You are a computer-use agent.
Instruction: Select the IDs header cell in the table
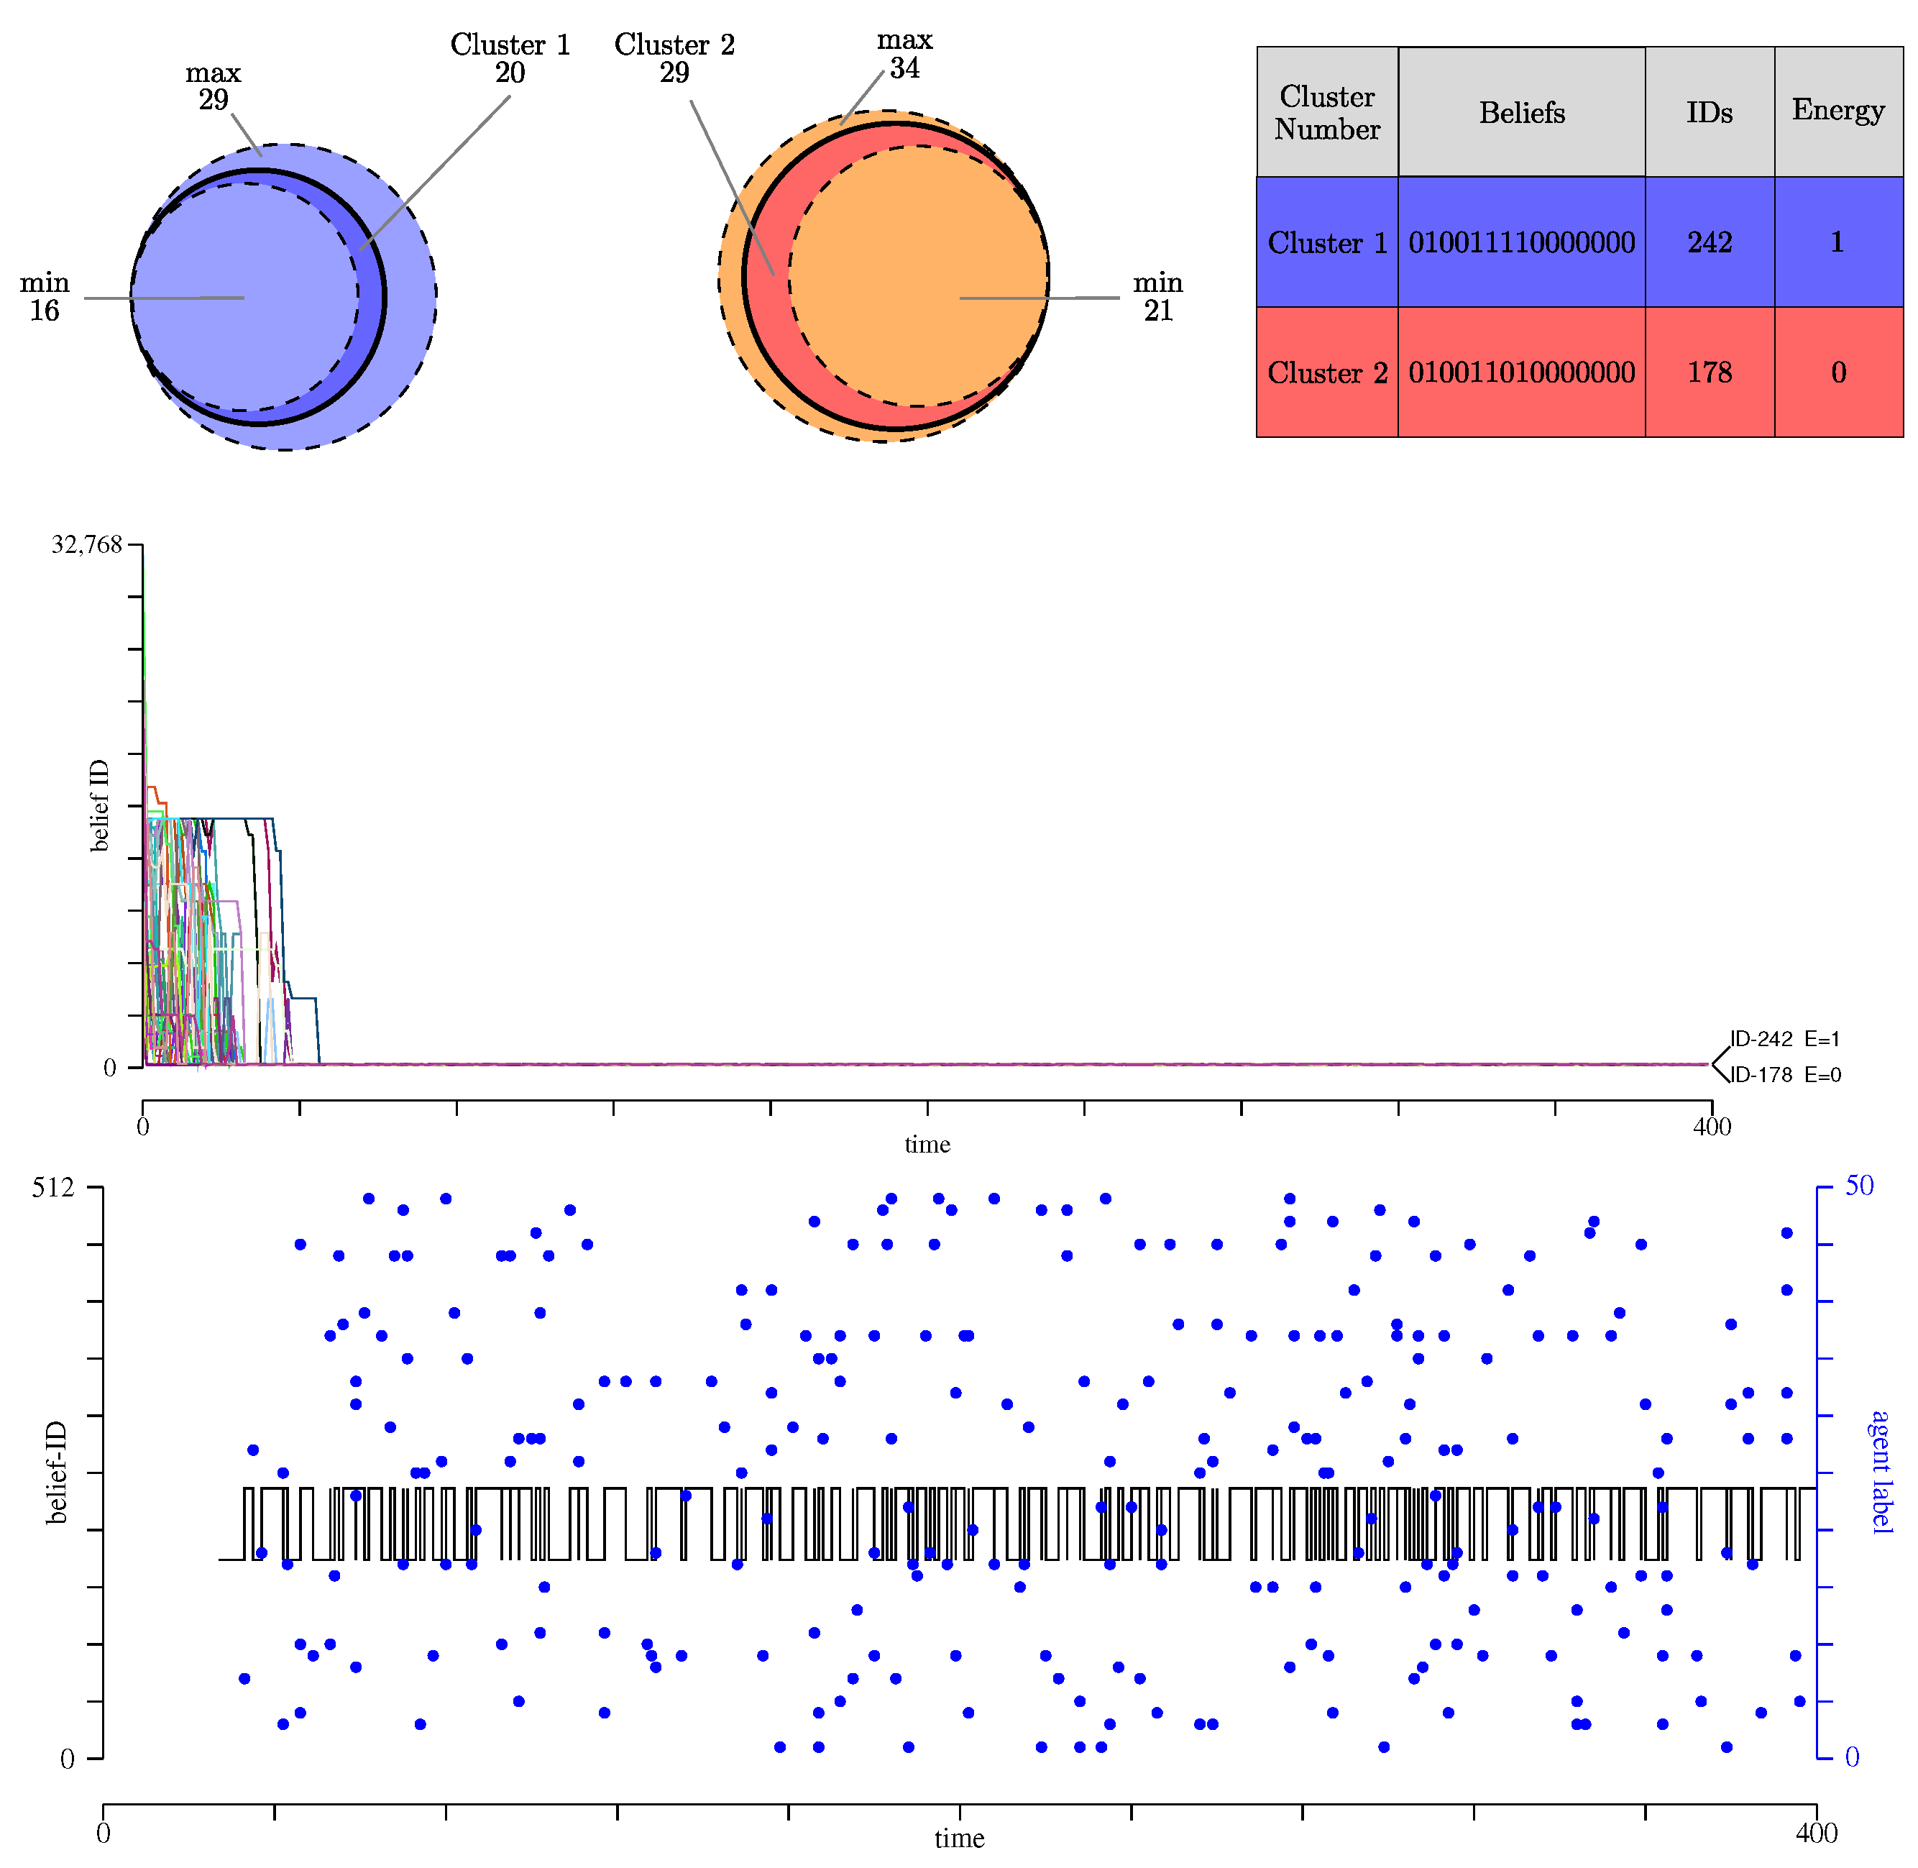point(1708,113)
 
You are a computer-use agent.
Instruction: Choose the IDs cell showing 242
point(1708,242)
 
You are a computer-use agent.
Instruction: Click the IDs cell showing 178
point(1708,373)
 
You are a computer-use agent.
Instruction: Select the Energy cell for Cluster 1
point(1837,242)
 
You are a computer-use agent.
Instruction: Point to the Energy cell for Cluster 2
point(1837,373)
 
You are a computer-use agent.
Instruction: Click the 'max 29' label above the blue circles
point(213,86)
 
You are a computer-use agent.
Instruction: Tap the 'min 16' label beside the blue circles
point(44,296)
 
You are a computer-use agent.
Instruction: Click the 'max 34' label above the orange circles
point(904,54)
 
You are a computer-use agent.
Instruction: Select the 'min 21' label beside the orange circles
point(1157,296)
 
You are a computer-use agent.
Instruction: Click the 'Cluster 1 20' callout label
point(509,59)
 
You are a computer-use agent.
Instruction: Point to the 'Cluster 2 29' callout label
point(674,59)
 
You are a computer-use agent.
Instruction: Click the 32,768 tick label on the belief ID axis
point(86,544)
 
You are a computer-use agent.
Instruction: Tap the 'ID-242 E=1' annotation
point(1784,1039)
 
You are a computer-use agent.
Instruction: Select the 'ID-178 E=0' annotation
point(1784,1075)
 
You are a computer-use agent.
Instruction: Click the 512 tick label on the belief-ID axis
point(53,1187)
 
